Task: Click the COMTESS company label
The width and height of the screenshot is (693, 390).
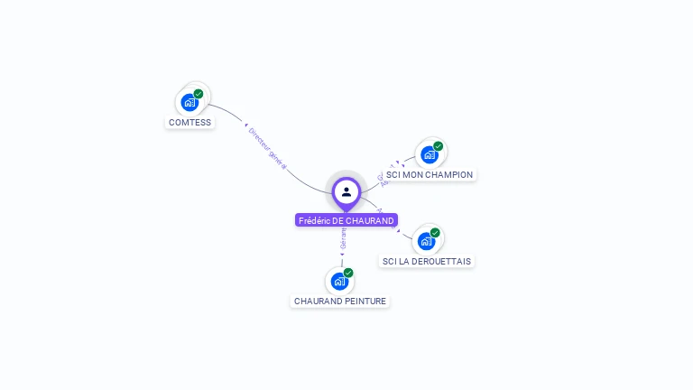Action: (x=189, y=122)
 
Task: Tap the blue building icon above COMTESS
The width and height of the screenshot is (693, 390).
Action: (x=189, y=102)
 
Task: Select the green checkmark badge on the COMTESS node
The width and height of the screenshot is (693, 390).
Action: (x=199, y=94)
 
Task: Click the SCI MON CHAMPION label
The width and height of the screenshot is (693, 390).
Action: (x=429, y=174)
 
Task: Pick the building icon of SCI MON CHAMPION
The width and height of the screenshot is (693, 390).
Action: (x=429, y=154)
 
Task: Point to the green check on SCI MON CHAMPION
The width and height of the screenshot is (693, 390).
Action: (x=439, y=146)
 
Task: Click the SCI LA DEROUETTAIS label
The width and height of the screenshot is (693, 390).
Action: (x=426, y=261)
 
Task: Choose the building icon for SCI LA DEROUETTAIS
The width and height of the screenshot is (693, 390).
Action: (x=426, y=241)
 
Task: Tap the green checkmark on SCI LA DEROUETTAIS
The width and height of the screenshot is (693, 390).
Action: (x=435, y=233)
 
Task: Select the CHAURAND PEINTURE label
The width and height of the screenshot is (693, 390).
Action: (x=340, y=301)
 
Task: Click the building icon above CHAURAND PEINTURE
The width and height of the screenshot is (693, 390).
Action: (x=339, y=281)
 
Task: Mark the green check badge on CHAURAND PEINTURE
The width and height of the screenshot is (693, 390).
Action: (x=348, y=273)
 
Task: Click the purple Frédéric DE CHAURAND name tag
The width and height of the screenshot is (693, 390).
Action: (x=346, y=220)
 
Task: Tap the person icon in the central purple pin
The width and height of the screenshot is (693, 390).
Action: (x=346, y=191)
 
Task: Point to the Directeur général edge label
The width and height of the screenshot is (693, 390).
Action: (x=267, y=147)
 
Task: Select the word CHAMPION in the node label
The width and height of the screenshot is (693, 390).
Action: (x=448, y=174)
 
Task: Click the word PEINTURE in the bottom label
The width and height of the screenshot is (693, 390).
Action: (x=365, y=301)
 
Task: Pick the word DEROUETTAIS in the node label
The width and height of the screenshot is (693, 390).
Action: (x=441, y=261)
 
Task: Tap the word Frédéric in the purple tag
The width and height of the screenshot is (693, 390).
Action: (x=314, y=220)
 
